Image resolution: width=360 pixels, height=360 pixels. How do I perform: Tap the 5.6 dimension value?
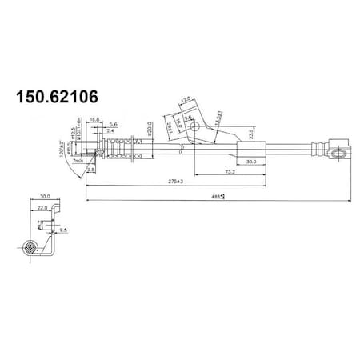coord(113,124)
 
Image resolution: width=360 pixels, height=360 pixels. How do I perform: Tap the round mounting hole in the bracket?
coord(192,124)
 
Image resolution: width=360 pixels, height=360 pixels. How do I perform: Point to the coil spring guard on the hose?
coord(123,149)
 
